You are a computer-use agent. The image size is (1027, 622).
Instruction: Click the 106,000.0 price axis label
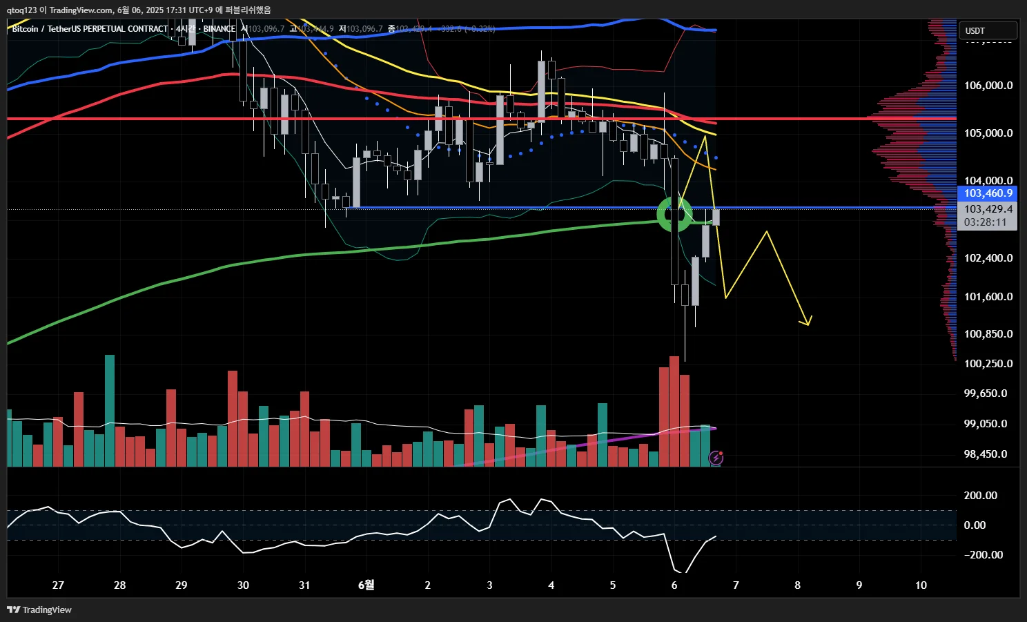click(988, 86)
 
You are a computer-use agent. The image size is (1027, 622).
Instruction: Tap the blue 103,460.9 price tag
click(988, 193)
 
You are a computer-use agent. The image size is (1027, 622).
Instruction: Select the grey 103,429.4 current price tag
click(988, 209)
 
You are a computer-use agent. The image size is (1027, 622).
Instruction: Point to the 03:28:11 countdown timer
click(985, 222)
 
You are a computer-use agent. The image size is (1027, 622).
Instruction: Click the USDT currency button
click(988, 30)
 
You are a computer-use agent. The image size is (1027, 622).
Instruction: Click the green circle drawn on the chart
click(674, 214)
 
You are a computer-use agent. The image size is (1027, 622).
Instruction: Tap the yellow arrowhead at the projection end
click(806, 322)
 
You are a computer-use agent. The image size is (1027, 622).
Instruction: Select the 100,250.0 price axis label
click(988, 364)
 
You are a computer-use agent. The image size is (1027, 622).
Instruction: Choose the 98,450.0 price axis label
click(986, 454)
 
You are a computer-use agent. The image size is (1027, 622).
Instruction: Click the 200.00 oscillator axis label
click(980, 496)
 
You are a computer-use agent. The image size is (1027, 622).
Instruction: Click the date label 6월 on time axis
click(366, 585)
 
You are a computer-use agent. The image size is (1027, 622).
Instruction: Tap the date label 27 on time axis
click(58, 585)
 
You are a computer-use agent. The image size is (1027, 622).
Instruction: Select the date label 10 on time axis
click(921, 585)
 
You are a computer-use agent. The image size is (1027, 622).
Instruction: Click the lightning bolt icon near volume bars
click(716, 458)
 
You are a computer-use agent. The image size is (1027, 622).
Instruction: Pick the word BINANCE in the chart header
click(219, 29)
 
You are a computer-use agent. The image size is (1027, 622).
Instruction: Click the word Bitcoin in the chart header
click(25, 29)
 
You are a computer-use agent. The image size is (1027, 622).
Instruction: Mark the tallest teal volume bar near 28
click(110, 410)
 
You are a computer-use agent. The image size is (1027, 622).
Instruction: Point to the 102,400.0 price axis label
click(988, 258)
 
